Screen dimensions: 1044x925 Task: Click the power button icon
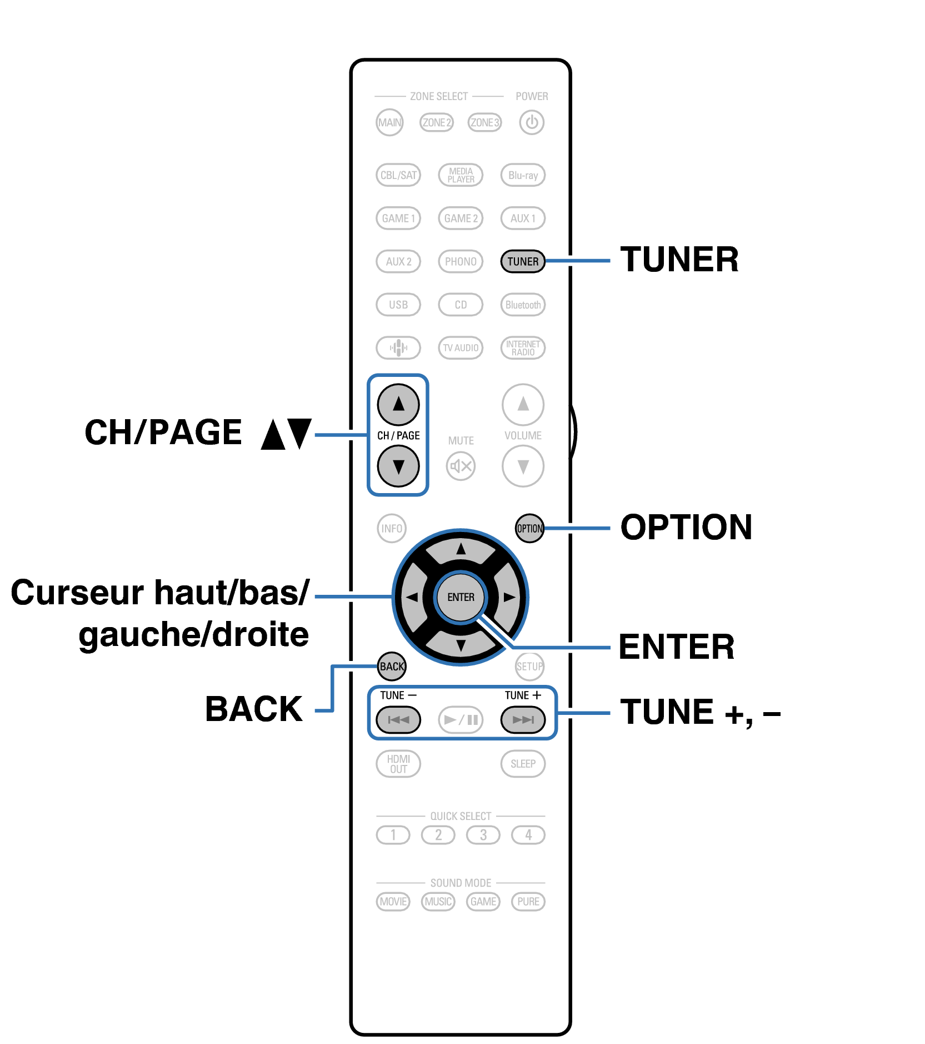(x=531, y=122)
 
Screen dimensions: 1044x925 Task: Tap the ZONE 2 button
(x=436, y=122)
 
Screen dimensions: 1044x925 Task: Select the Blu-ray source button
(x=523, y=175)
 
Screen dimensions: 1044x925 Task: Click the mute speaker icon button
(x=461, y=466)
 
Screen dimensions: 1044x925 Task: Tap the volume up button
(x=523, y=404)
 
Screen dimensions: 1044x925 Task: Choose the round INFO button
(x=392, y=528)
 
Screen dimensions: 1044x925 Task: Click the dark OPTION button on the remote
(x=529, y=528)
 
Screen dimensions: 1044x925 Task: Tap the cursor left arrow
(x=412, y=598)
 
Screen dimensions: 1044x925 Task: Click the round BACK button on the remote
(x=392, y=666)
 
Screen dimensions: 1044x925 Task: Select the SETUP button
(x=529, y=666)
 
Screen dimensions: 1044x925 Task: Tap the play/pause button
(x=461, y=720)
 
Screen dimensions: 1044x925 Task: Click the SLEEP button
(x=523, y=764)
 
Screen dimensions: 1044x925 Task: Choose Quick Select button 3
(x=483, y=835)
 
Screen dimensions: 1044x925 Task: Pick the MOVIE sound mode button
(x=393, y=901)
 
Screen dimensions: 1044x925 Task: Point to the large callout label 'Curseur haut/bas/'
(x=160, y=593)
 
